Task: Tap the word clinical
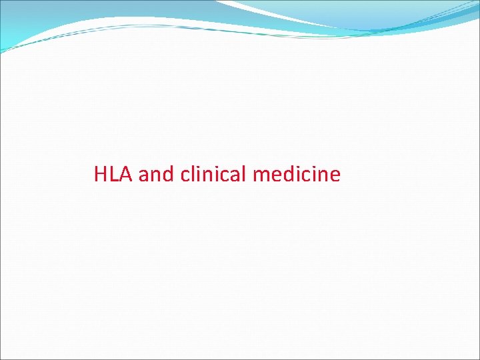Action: tap(213, 175)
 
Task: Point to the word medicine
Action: tap(297, 175)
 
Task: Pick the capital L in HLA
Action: tap(114, 175)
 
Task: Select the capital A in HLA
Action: tap(126, 175)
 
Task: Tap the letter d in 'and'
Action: tap(167, 175)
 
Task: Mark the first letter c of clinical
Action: tap(185, 176)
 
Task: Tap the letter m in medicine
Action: tap(261, 176)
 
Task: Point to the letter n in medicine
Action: tap(321, 176)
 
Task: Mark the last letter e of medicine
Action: tap(335, 176)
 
